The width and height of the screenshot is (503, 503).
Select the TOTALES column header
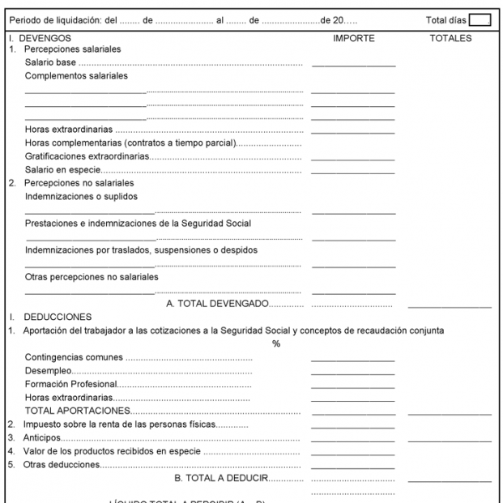(450, 38)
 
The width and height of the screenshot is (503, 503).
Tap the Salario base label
(49, 62)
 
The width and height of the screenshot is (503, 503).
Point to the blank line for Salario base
(353, 65)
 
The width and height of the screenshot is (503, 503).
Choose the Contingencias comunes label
(75, 357)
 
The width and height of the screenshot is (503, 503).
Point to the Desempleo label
(48, 370)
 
